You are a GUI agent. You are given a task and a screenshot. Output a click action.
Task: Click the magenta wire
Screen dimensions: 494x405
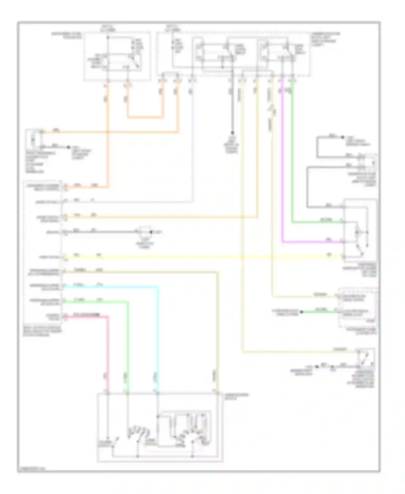tap(282, 162)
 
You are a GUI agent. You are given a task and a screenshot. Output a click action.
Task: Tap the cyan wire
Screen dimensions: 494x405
tap(158, 338)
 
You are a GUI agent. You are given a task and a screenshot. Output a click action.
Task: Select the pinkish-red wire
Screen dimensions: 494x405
tap(108, 351)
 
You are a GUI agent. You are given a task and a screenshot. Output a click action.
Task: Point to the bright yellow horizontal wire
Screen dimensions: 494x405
tap(202, 257)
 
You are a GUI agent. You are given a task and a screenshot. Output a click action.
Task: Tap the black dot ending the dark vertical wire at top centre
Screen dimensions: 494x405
tap(232, 133)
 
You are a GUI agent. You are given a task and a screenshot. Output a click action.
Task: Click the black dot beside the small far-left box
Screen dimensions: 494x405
tap(69, 147)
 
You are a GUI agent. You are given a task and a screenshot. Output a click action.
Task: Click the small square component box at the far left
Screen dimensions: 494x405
tap(33, 140)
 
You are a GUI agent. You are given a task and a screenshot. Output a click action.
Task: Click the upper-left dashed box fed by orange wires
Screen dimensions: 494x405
tap(117, 56)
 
